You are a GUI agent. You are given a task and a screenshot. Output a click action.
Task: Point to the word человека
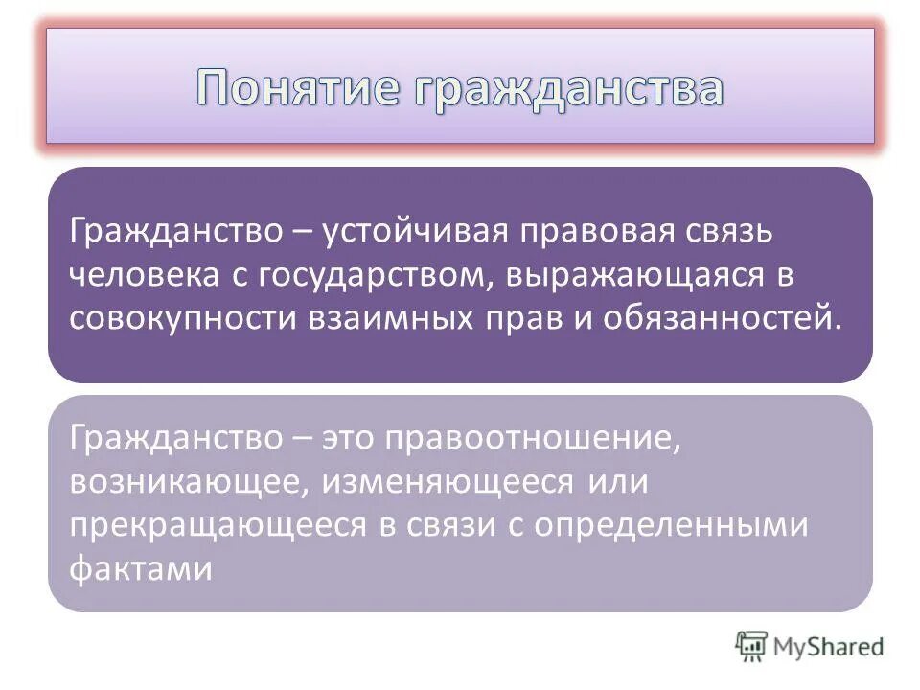(145, 277)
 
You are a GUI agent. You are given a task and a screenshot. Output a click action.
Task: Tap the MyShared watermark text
(829, 647)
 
